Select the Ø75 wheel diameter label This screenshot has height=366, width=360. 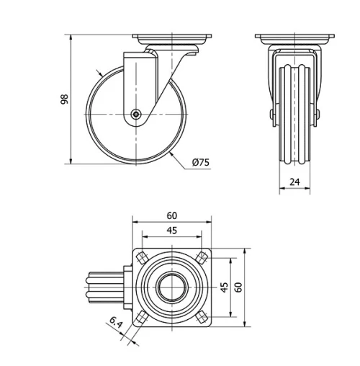(201, 163)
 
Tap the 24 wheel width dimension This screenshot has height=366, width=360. (294, 182)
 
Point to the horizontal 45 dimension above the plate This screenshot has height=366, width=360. (172, 231)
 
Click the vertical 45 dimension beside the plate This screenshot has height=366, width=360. (224, 287)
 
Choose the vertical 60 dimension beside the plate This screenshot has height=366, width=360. (238, 287)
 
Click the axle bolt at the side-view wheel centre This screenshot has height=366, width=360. (136, 113)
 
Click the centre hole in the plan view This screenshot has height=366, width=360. (172, 287)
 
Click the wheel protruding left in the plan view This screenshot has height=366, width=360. (104, 287)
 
